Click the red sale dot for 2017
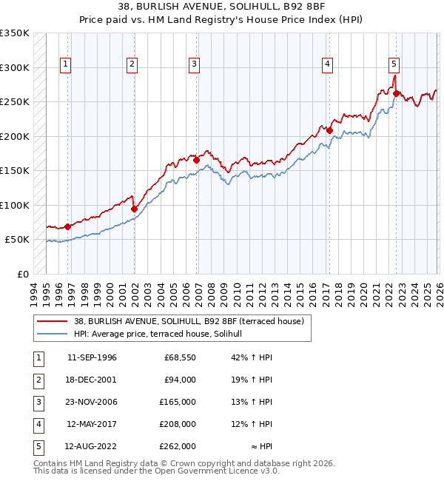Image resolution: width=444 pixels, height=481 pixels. pos(330,131)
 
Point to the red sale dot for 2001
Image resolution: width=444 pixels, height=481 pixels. pos(134,209)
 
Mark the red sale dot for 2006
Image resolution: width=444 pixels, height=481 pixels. pos(197,160)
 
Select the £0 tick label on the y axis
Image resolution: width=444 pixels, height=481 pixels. pos(21,274)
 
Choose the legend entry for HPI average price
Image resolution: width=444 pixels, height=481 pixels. pos(163,334)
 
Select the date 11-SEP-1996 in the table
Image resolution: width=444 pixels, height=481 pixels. pos(92,357)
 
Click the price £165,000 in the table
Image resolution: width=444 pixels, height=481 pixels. pos(178,402)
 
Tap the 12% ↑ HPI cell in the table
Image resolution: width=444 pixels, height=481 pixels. pos(247,424)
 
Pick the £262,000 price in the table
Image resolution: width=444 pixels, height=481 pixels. pos(178,446)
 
